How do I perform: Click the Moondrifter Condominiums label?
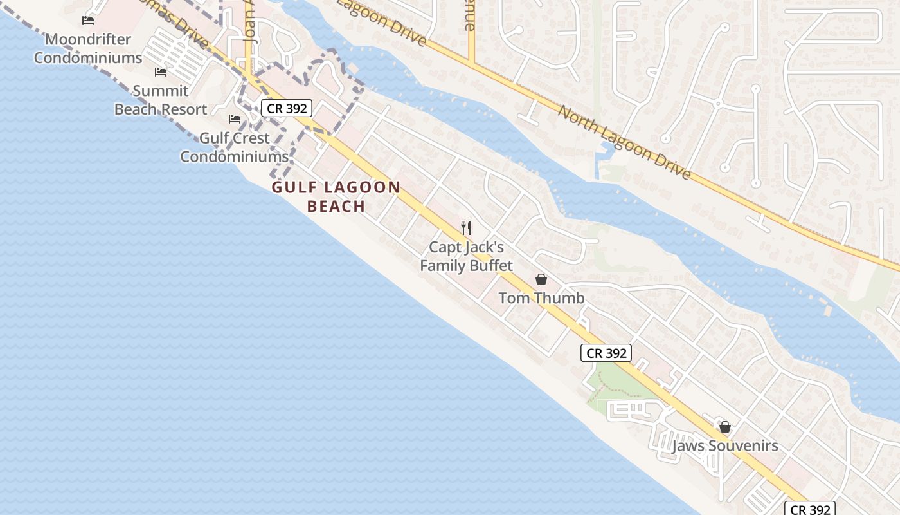coord(88,48)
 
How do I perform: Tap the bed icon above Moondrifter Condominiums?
coord(88,21)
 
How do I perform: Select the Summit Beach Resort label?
coord(161,100)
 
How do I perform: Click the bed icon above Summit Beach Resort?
coord(161,72)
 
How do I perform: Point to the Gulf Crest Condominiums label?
coord(235,147)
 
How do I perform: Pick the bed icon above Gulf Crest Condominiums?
coord(235,119)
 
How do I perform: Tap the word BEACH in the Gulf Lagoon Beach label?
coord(336,207)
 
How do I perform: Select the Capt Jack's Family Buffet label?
coord(467,256)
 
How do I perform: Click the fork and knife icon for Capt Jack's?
coord(467,228)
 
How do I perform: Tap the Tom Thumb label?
coord(541,298)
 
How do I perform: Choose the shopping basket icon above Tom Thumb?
coord(541,279)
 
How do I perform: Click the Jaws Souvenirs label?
coord(725,445)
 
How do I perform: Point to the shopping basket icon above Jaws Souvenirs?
coord(725,427)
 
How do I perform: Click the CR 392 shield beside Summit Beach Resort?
coord(287,108)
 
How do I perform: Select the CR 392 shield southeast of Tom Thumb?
coord(606,353)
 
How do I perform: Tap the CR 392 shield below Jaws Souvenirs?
coord(810,509)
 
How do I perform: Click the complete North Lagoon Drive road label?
coord(624,143)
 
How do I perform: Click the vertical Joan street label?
coord(251,26)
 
